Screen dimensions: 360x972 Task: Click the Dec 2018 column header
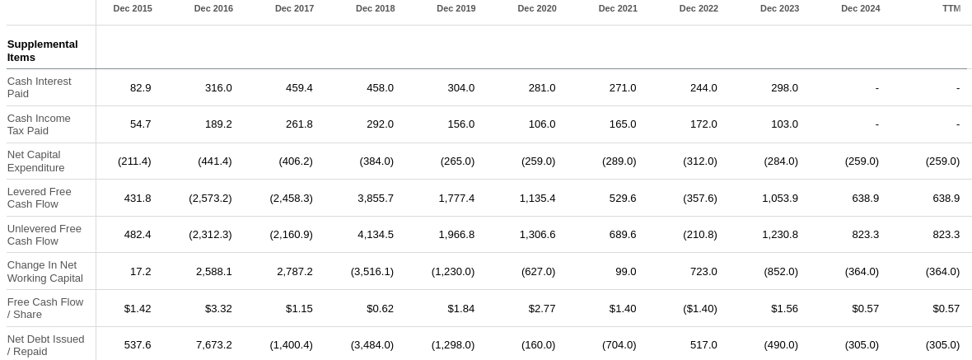pos(375,8)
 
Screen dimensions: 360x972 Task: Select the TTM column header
pos(951,8)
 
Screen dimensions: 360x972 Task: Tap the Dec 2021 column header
pos(618,8)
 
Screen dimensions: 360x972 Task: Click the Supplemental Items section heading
pos(43,50)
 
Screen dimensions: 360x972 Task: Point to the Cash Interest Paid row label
pos(40,87)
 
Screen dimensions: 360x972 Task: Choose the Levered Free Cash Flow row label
pos(40,198)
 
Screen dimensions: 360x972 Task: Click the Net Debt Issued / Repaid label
pos(46,345)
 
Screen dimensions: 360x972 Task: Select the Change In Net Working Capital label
pos(45,271)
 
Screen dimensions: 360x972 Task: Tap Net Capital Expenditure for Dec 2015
pos(134,161)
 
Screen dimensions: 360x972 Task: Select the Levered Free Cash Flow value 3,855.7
pos(375,198)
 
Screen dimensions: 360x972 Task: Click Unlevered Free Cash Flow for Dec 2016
pos(210,234)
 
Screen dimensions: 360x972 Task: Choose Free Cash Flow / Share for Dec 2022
pos(699,308)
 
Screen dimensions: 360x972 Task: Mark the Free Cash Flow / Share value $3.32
pos(218,308)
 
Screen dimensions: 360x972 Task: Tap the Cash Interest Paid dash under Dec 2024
pos(876,87)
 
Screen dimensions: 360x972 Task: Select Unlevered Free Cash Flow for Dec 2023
pos(779,234)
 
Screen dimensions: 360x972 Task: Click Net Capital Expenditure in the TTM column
pos(942,161)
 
